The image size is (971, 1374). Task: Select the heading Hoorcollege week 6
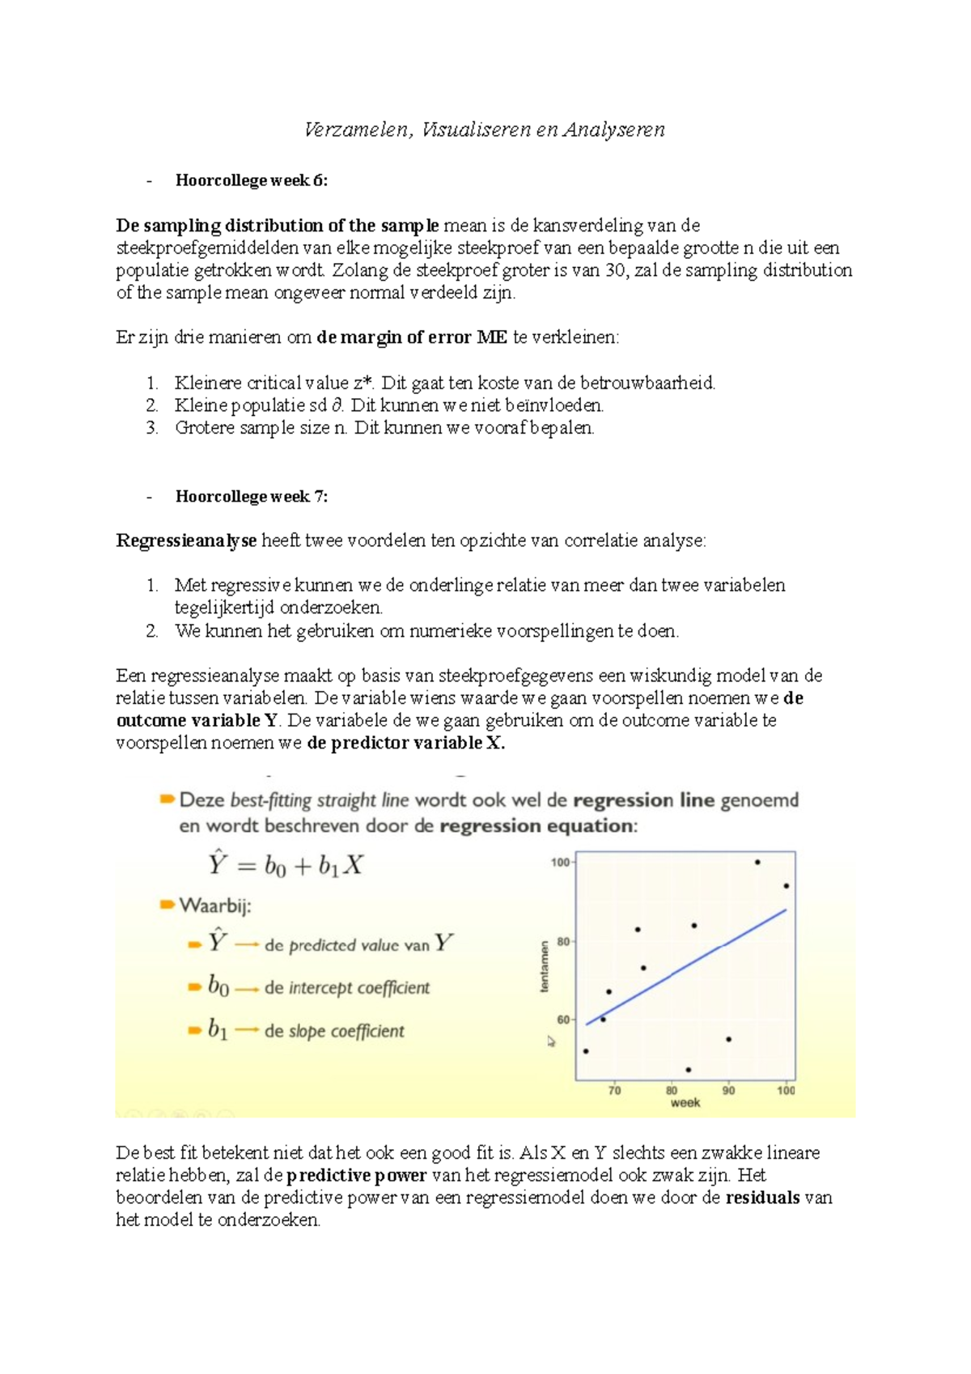pyautogui.click(x=251, y=180)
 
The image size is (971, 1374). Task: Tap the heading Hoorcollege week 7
pyautogui.click(x=251, y=497)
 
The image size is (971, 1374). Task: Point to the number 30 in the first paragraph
pyautogui.click(x=615, y=270)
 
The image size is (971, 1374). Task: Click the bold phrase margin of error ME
pyautogui.click(x=412, y=337)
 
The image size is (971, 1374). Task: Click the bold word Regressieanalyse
pyautogui.click(x=186, y=541)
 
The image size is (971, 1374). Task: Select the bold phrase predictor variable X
pyautogui.click(x=405, y=743)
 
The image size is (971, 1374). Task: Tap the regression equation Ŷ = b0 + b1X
pyautogui.click(x=285, y=866)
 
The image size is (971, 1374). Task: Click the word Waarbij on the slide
pyautogui.click(x=215, y=905)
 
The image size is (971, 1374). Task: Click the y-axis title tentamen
pyautogui.click(x=545, y=965)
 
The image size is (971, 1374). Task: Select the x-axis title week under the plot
pyautogui.click(x=685, y=1103)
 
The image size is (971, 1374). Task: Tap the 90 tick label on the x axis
pyautogui.click(x=728, y=1090)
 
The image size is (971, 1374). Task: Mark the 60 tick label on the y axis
pyautogui.click(x=562, y=1020)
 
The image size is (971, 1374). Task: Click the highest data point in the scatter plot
pyautogui.click(x=757, y=862)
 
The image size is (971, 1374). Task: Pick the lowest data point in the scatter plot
pyautogui.click(x=689, y=1070)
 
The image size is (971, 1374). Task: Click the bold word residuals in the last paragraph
pyautogui.click(x=762, y=1198)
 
